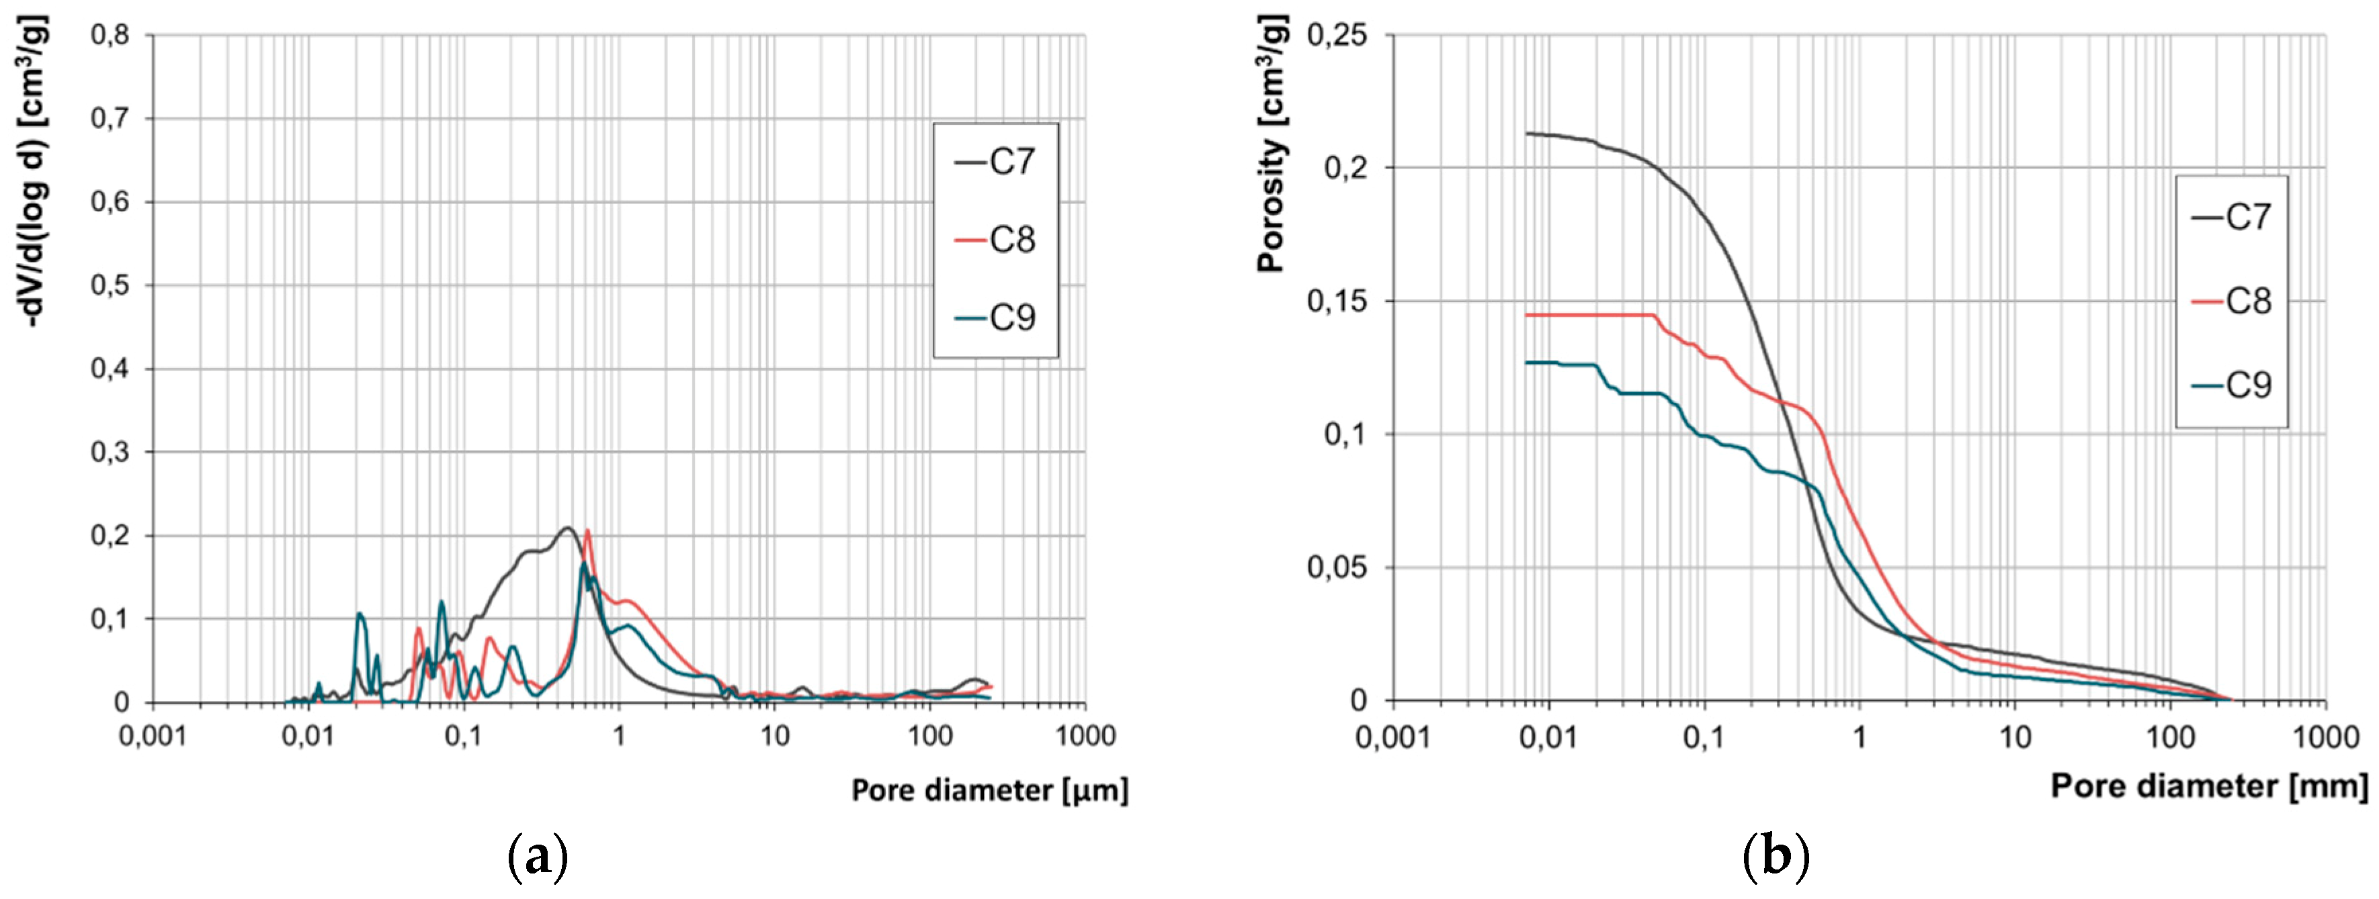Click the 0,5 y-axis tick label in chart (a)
tap(110, 285)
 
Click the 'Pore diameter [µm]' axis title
tap(989, 791)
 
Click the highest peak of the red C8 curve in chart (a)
tap(587, 530)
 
